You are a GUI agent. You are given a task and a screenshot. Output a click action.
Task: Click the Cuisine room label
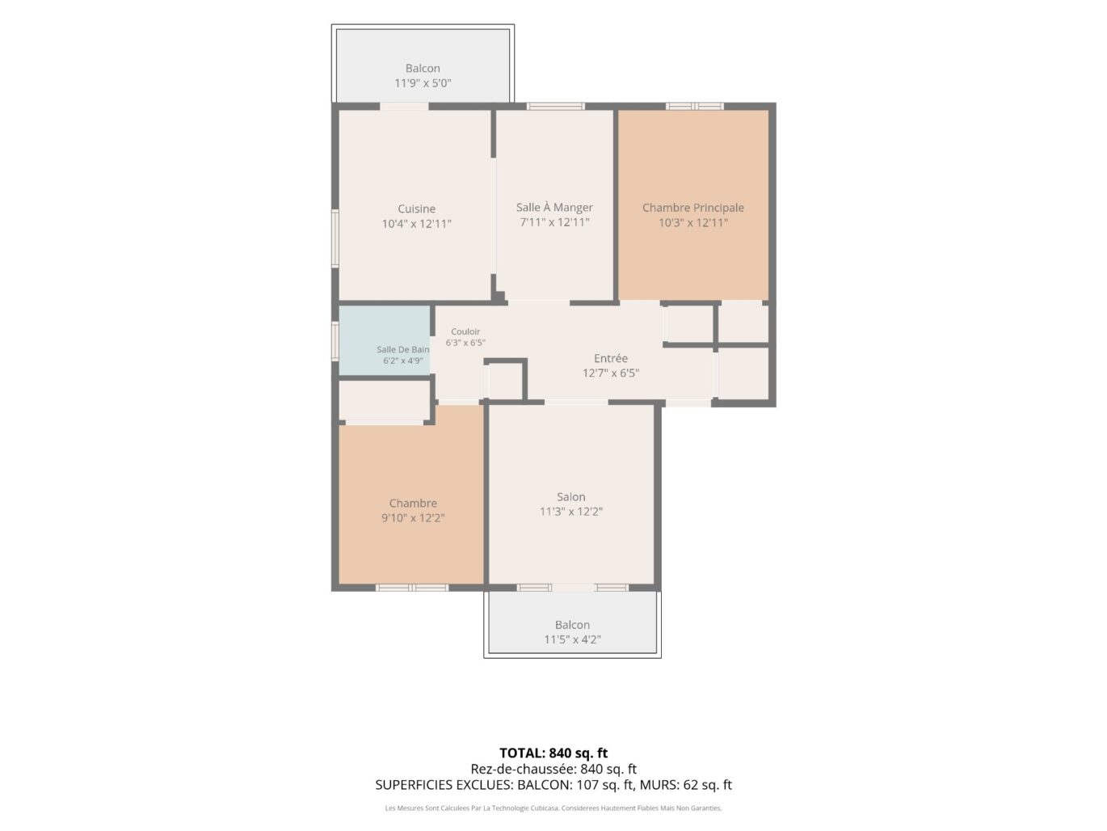point(416,209)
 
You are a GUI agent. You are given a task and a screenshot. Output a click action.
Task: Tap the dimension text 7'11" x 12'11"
point(554,222)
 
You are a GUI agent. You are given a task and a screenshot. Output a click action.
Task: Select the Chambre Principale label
point(693,208)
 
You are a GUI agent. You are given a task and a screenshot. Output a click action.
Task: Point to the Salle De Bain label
point(402,349)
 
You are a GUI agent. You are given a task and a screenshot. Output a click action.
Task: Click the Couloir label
point(465,331)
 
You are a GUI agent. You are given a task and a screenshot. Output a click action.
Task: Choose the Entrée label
point(610,358)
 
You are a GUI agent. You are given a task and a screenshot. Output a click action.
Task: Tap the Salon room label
point(571,496)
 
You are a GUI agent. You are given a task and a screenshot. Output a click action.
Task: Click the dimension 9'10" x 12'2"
point(413,517)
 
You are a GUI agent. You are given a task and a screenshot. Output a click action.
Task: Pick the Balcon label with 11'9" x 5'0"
point(423,68)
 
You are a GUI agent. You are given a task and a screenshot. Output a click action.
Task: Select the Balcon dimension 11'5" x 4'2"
point(572,639)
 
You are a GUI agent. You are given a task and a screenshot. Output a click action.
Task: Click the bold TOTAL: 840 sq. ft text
point(553,753)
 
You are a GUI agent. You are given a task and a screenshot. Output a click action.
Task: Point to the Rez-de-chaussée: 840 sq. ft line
point(553,769)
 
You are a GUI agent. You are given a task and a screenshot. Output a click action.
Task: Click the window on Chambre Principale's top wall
point(694,106)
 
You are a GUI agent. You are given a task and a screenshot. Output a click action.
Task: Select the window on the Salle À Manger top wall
point(556,106)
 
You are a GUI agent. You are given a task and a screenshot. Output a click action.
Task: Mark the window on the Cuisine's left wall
point(335,238)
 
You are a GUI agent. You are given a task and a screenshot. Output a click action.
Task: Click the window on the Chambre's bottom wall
point(412,588)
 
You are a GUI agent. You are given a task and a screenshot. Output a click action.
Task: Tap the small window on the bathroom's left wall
point(335,340)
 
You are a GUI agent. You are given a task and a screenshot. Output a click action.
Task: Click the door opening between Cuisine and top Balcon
point(404,106)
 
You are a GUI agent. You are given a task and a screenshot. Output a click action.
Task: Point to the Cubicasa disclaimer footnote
point(553,808)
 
